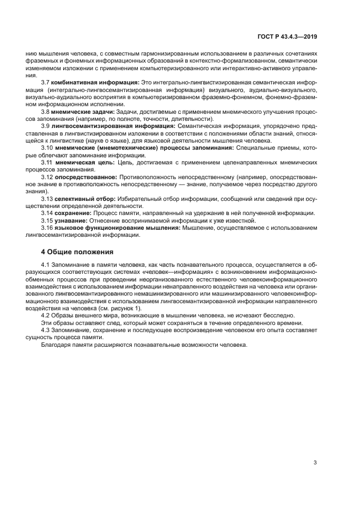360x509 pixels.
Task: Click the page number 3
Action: tap(315, 463)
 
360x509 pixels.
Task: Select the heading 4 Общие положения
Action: tap(77, 252)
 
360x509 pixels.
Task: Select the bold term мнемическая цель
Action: tap(86, 163)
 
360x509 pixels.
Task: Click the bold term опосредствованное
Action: tap(87, 177)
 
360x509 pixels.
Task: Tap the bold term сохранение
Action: tap(73, 214)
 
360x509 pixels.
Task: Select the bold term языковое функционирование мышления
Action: tap(118, 229)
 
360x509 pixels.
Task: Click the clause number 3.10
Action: tap(47, 148)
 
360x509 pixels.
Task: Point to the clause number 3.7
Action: tap(46, 82)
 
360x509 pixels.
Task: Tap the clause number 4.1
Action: tap(46, 265)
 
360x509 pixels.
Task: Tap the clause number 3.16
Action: tap(47, 229)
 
